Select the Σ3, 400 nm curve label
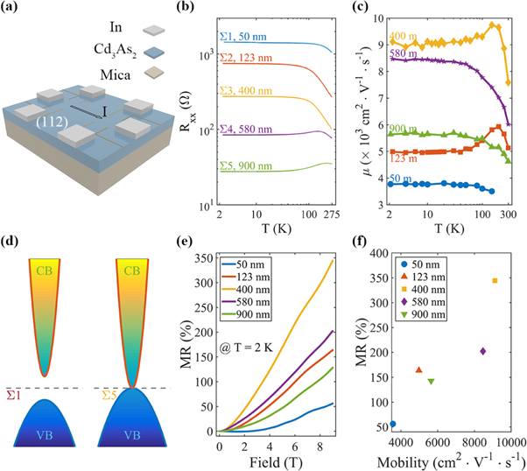point(242,89)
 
